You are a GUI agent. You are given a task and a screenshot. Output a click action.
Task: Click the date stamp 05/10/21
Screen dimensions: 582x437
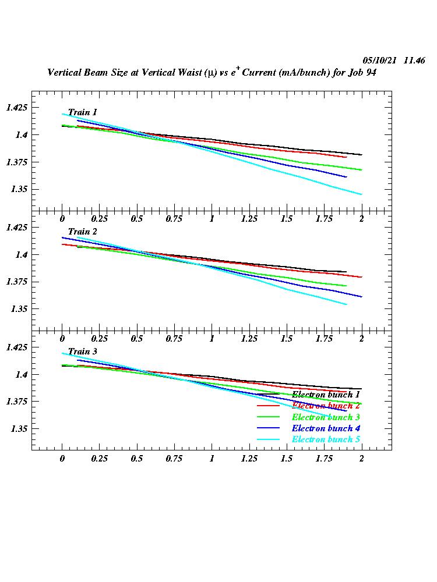[379, 61]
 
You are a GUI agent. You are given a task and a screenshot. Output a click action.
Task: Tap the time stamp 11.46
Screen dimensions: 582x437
[414, 61]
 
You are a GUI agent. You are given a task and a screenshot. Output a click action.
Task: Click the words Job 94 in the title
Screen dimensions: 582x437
[364, 73]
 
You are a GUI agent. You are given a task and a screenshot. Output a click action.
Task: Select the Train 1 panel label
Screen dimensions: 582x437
[82, 112]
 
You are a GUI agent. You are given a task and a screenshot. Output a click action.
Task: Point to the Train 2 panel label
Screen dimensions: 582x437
[82, 232]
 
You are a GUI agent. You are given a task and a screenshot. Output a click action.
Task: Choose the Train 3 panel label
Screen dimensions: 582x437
[82, 352]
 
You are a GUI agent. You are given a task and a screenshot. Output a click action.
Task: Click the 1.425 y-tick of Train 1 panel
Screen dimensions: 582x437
[16, 108]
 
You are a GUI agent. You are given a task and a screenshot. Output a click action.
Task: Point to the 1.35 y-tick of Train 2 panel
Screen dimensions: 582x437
[19, 309]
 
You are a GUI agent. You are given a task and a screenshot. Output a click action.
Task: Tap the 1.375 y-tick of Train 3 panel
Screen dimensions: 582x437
[16, 402]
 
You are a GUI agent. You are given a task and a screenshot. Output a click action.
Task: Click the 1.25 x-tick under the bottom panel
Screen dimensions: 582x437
[249, 459]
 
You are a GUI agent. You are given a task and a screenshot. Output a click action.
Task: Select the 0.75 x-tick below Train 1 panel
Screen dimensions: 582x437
[174, 219]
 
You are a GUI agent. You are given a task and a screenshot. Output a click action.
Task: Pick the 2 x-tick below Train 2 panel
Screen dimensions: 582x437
[361, 339]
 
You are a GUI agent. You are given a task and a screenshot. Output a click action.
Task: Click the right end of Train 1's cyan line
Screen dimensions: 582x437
[361, 194]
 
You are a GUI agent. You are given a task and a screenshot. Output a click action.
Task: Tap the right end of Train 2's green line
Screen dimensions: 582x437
[346, 286]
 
